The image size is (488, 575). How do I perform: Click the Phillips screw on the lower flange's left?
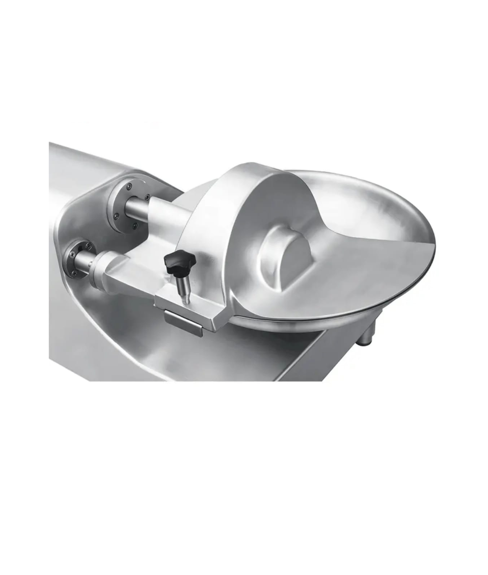[72, 252]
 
